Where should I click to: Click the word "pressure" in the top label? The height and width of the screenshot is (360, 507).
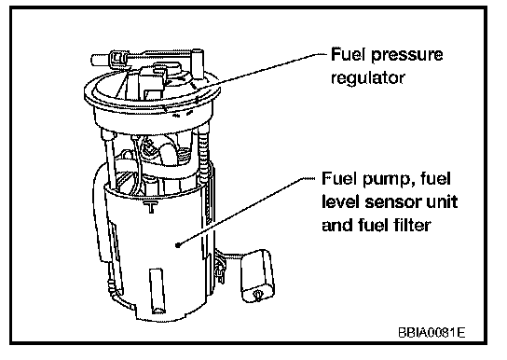click(406, 56)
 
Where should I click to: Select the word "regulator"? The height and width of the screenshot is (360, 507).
click(367, 78)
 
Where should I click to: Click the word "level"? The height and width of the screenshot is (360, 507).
click(341, 201)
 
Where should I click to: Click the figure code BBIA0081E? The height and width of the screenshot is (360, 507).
click(432, 333)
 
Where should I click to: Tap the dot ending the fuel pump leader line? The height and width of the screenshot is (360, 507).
click(177, 245)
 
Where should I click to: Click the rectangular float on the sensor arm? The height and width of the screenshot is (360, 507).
click(256, 275)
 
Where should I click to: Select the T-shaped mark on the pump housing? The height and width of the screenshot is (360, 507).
click(151, 207)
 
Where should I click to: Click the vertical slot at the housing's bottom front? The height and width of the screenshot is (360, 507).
click(158, 290)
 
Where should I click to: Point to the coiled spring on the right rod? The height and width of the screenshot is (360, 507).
click(204, 155)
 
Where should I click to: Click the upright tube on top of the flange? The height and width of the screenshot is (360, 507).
click(198, 64)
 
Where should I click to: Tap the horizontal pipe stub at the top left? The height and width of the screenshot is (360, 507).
click(101, 60)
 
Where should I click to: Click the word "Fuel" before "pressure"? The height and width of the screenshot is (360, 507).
click(349, 54)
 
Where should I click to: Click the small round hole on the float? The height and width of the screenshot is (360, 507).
click(258, 295)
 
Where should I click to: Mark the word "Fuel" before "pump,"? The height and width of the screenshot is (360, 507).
click(340, 179)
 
